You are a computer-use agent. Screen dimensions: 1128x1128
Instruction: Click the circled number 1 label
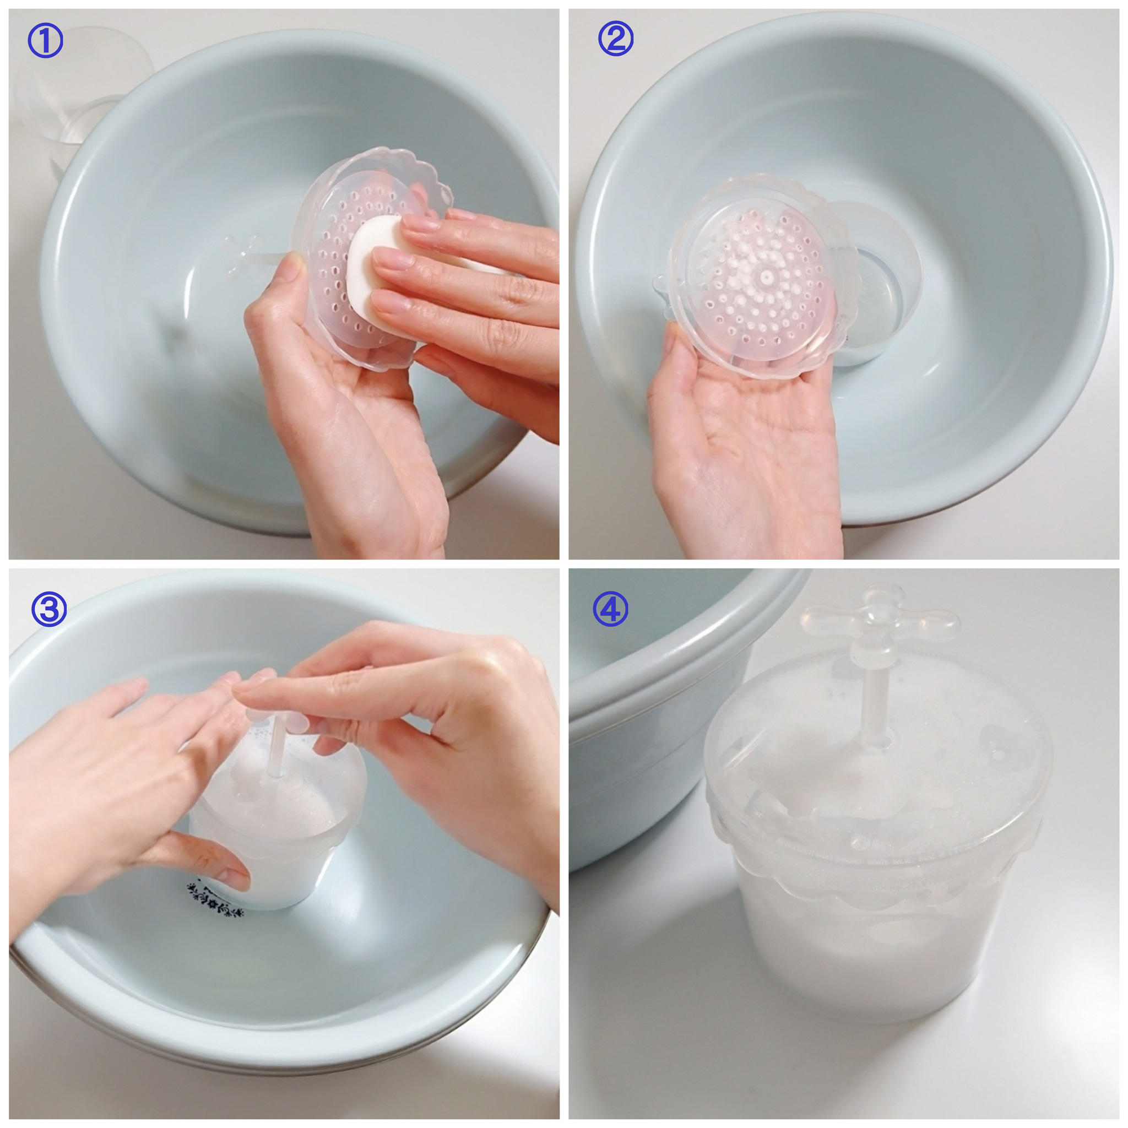(x=45, y=42)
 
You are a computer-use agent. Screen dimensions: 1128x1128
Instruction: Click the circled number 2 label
(x=615, y=39)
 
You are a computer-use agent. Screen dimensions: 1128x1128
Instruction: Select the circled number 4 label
(x=610, y=609)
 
